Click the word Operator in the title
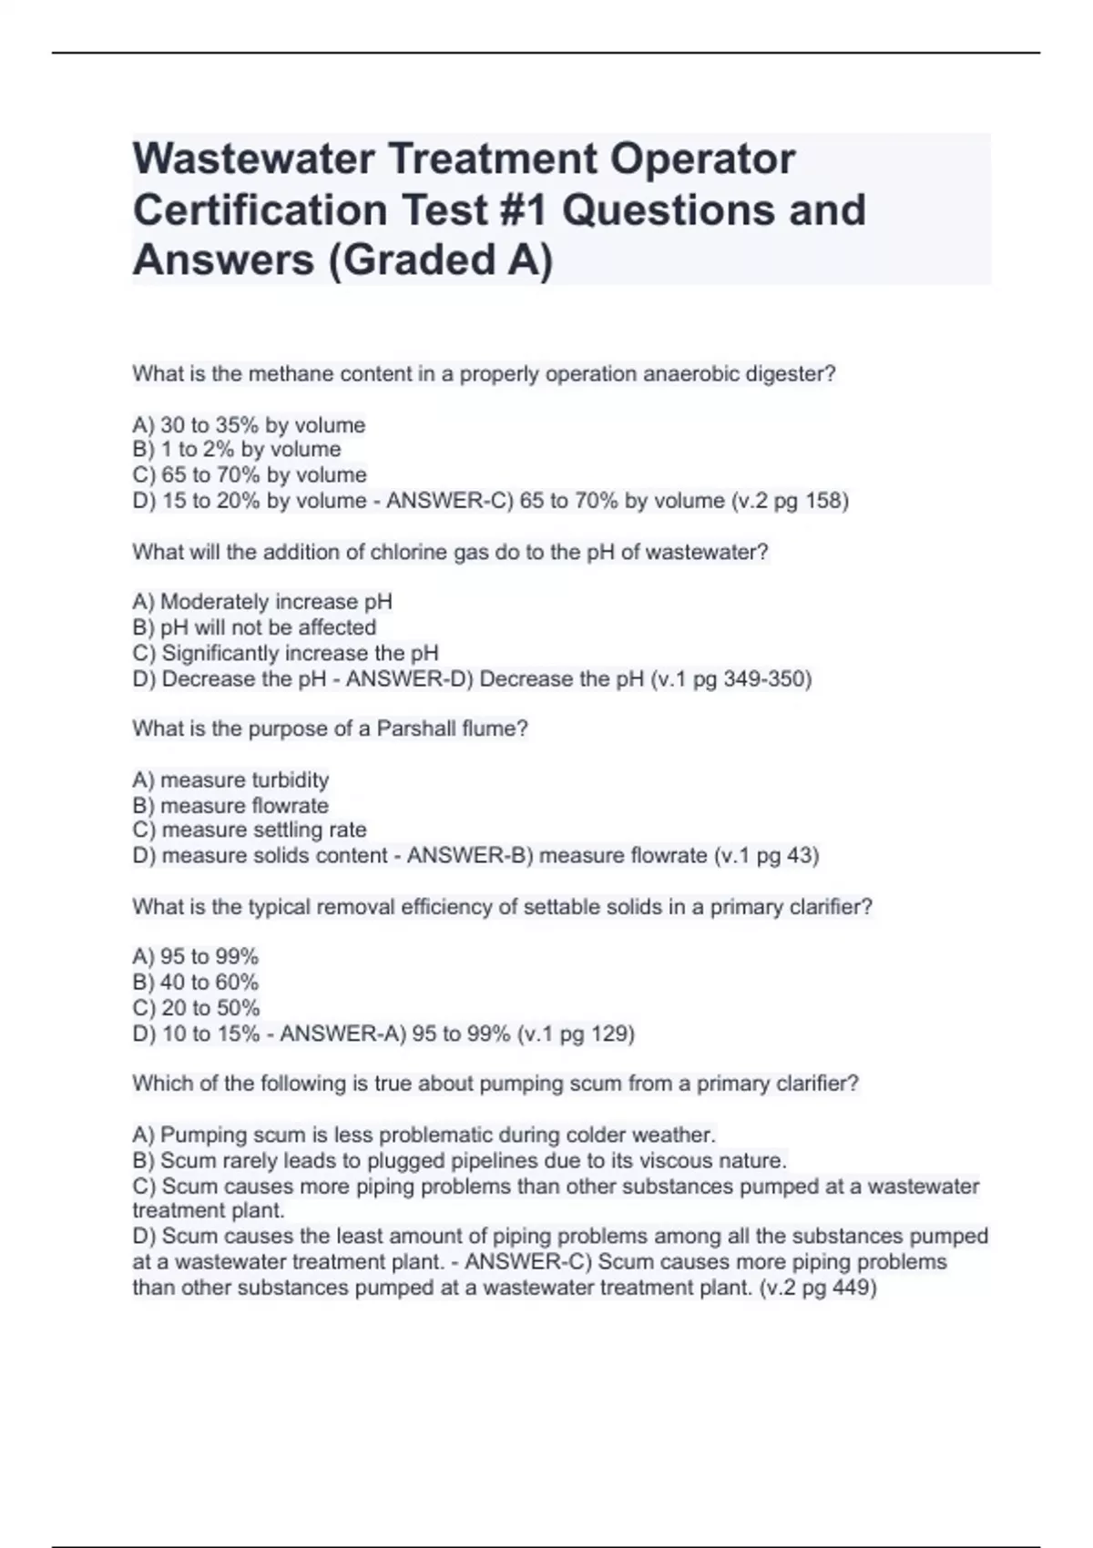tap(702, 159)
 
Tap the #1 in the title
tap(524, 210)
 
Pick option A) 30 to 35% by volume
tap(249, 425)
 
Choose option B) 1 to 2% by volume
tap(237, 450)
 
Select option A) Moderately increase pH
tap(262, 602)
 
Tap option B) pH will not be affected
tap(254, 627)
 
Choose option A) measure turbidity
tap(230, 780)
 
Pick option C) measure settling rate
tap(250, 830)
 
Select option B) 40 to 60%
tap(196, 983)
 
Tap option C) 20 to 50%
tap(196, 1008)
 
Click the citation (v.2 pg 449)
tap(817, 1288)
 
